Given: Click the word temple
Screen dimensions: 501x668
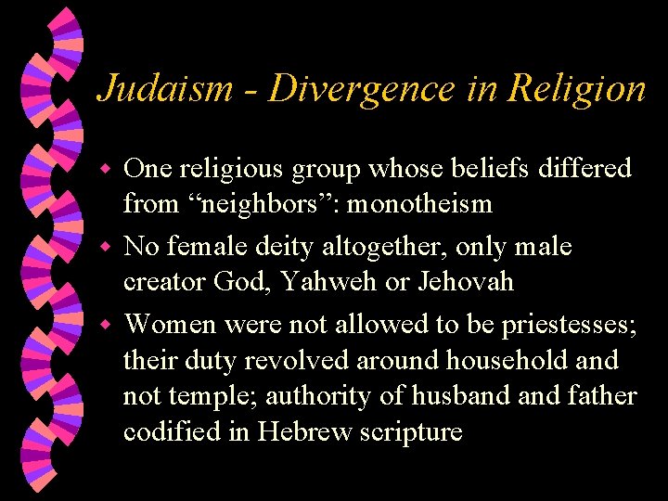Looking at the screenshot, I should coord(213,396).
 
